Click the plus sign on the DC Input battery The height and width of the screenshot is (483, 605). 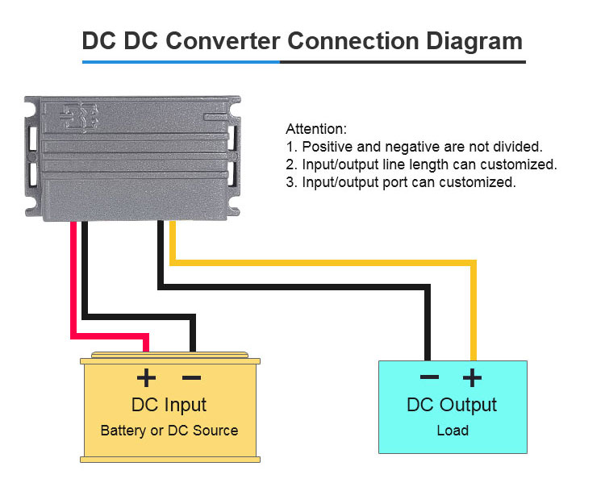click(x=146, y=377)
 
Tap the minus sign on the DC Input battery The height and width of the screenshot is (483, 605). click(x=191, y=377)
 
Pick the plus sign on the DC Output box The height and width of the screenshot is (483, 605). click(x=472, y=377)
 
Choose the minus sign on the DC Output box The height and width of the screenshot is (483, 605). click(x=429, y=377)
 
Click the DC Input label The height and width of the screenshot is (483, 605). click(x=169, y=404)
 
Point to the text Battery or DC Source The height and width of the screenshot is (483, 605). click(x=169, y=430)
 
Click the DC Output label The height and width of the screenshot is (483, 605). click(x=452, y=404)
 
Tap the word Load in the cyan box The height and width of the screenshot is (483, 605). click(x=453, y=430)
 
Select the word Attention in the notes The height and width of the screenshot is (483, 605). click(x=316, y=129)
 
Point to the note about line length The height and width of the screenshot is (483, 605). click(x=422, y=164)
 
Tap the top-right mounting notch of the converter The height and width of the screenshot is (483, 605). click(x=235, y=103)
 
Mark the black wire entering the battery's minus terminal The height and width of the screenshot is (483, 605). click(x=192, y=335)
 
